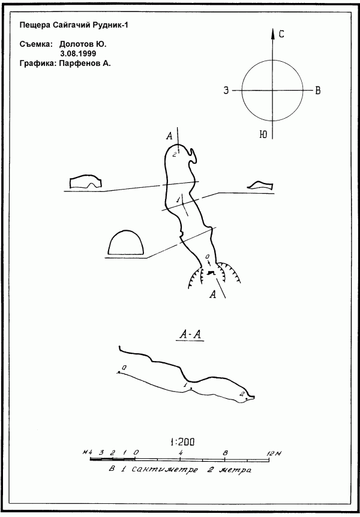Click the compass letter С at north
pyautogui.click(x=281, y=34)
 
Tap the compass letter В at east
pyautogui.click(x=318, y=91)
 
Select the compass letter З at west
pyautogui.click(x=226, y=91)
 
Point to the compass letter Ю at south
pyautogui.click(x=263, y=134)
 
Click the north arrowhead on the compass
pyautogui.click(x=273, y=34)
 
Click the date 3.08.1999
pyautogui.click(x=78, y=53)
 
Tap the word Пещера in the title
pyautogui.click(x=31, y=25)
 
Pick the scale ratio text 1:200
pyautogui.click(x=182, y=442)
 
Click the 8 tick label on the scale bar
pyautogui.click(x=226, y=453)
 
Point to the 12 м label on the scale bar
pyautogui.click(x=273, y=453)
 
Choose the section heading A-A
pyautogui.click(x=190, y=335)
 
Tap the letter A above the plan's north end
pyautogui.click(x=170, y=136)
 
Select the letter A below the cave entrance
pyautogui.click(x=213, y=294)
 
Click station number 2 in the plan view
pyautogui.click(x=175, y=154)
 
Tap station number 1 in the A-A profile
pyautogui.click(x=185, y=384)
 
